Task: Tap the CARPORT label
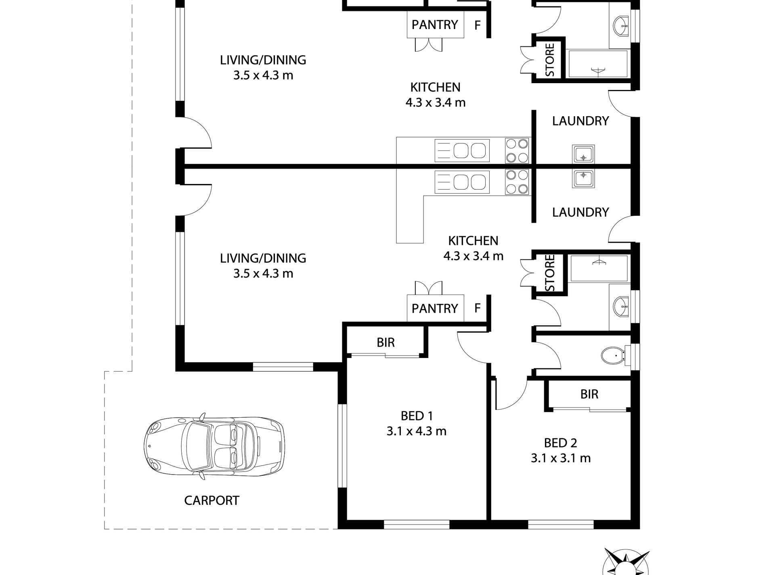(x=212, y=501)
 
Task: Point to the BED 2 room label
(x=560, y=443)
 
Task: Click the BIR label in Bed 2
(x=589, y=394)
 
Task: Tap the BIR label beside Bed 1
(x=386, y=343)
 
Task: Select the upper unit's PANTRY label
(x=435, y=25)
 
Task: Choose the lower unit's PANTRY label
(x=435, y=309)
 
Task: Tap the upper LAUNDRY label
(x=580, y=121)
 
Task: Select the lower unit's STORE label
(x=550, y=273)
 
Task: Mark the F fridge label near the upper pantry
(x=478, y=25)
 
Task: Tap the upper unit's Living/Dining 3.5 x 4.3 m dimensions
(x=263, y=75)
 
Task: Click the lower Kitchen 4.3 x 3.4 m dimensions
(x=474, y=256)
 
